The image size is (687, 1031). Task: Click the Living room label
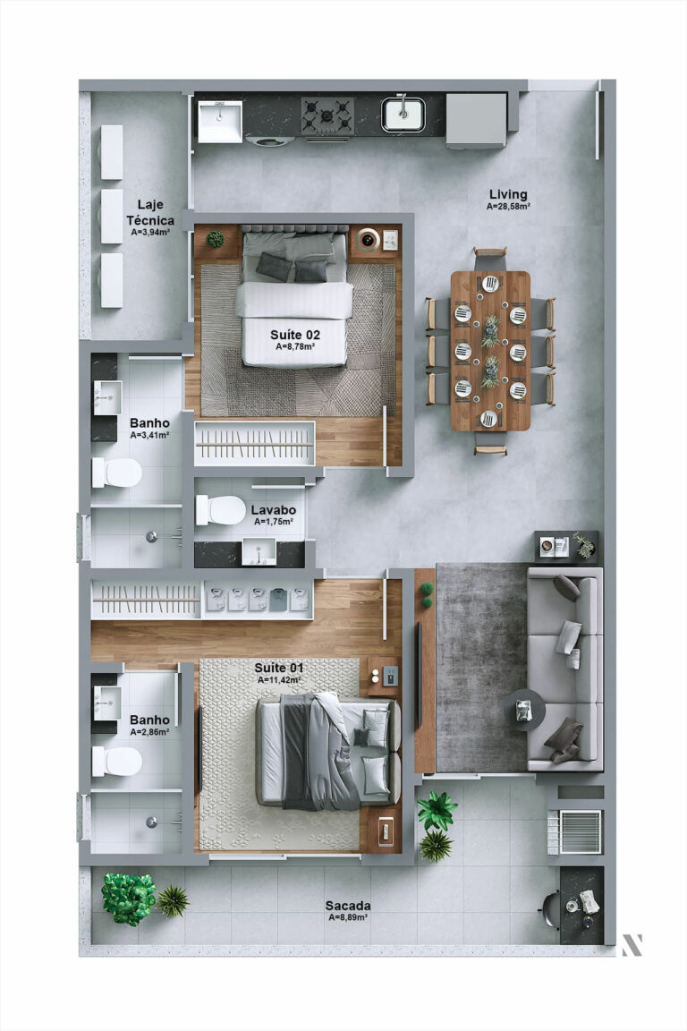[507, 194]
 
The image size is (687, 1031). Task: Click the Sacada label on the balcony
[349, 906]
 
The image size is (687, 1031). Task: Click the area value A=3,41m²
[149, 435]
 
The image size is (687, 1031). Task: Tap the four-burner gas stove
[327, 115]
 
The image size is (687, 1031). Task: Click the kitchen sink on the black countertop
[403, 114]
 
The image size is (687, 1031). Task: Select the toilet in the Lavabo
[220, 510]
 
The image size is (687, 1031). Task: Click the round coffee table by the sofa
[523, 711]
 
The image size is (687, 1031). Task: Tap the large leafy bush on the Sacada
[128, 898]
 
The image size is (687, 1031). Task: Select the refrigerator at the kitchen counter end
[476, 120]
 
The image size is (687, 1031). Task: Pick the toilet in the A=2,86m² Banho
[116, 762]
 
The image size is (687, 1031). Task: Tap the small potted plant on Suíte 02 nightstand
[215, 239]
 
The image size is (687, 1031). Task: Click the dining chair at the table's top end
[490, 257]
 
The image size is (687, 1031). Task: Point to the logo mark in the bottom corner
[632, 944]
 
